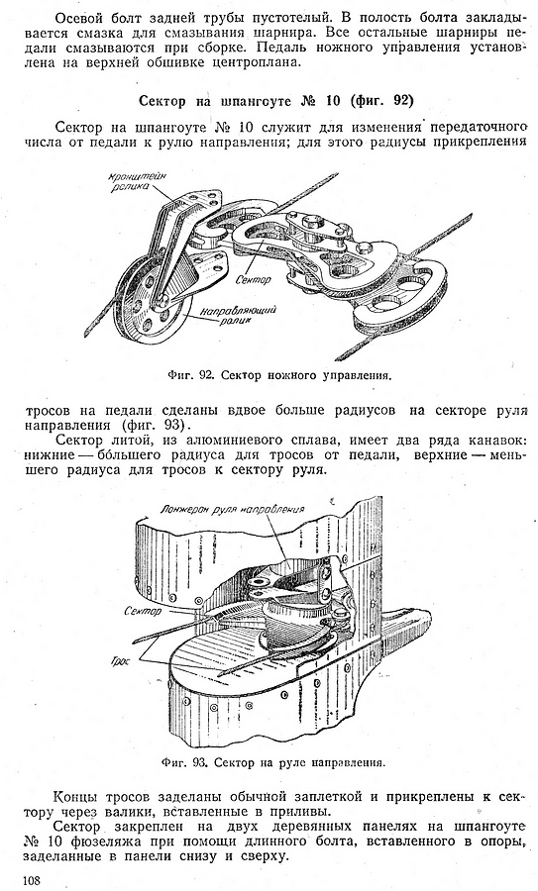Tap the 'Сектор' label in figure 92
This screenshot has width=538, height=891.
pos(252,279)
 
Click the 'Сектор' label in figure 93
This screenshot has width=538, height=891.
pos(142,612)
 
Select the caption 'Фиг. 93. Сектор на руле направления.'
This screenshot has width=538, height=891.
pos(273,762)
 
